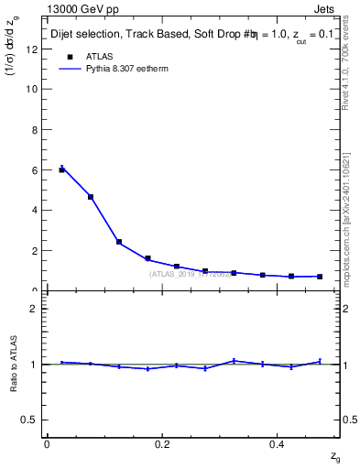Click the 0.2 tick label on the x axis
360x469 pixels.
click(162, 444)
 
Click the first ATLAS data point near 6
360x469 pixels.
click(61, 169)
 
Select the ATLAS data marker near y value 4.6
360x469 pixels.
click(91, 197)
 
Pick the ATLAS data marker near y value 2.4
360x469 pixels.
click(119, 242)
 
